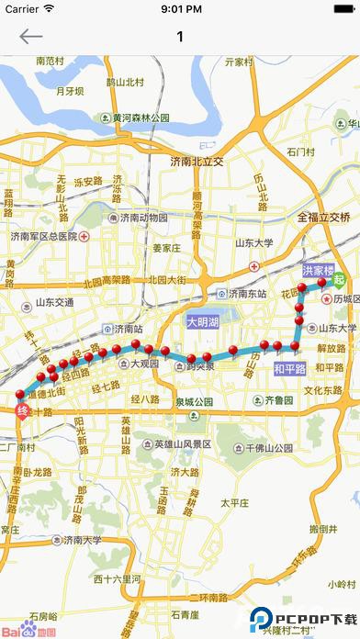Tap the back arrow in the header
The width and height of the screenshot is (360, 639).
coord(30,37)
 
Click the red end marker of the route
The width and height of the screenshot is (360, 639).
coord(23,412)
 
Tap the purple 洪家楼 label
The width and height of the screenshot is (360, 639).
coord(318,271)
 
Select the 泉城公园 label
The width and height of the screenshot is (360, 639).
coord(188,402)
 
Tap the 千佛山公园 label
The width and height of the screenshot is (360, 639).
coord(267,449)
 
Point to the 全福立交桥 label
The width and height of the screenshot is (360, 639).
coord(324,218)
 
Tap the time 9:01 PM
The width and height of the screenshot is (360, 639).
coord(180,9)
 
